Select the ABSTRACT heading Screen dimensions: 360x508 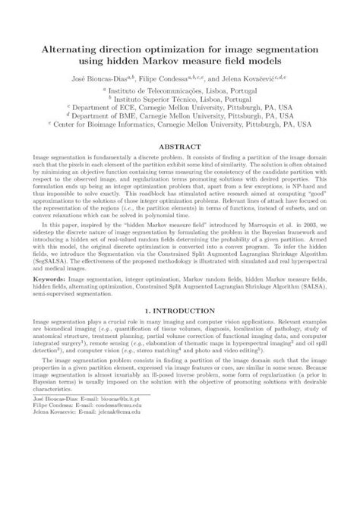pos(179,142)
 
